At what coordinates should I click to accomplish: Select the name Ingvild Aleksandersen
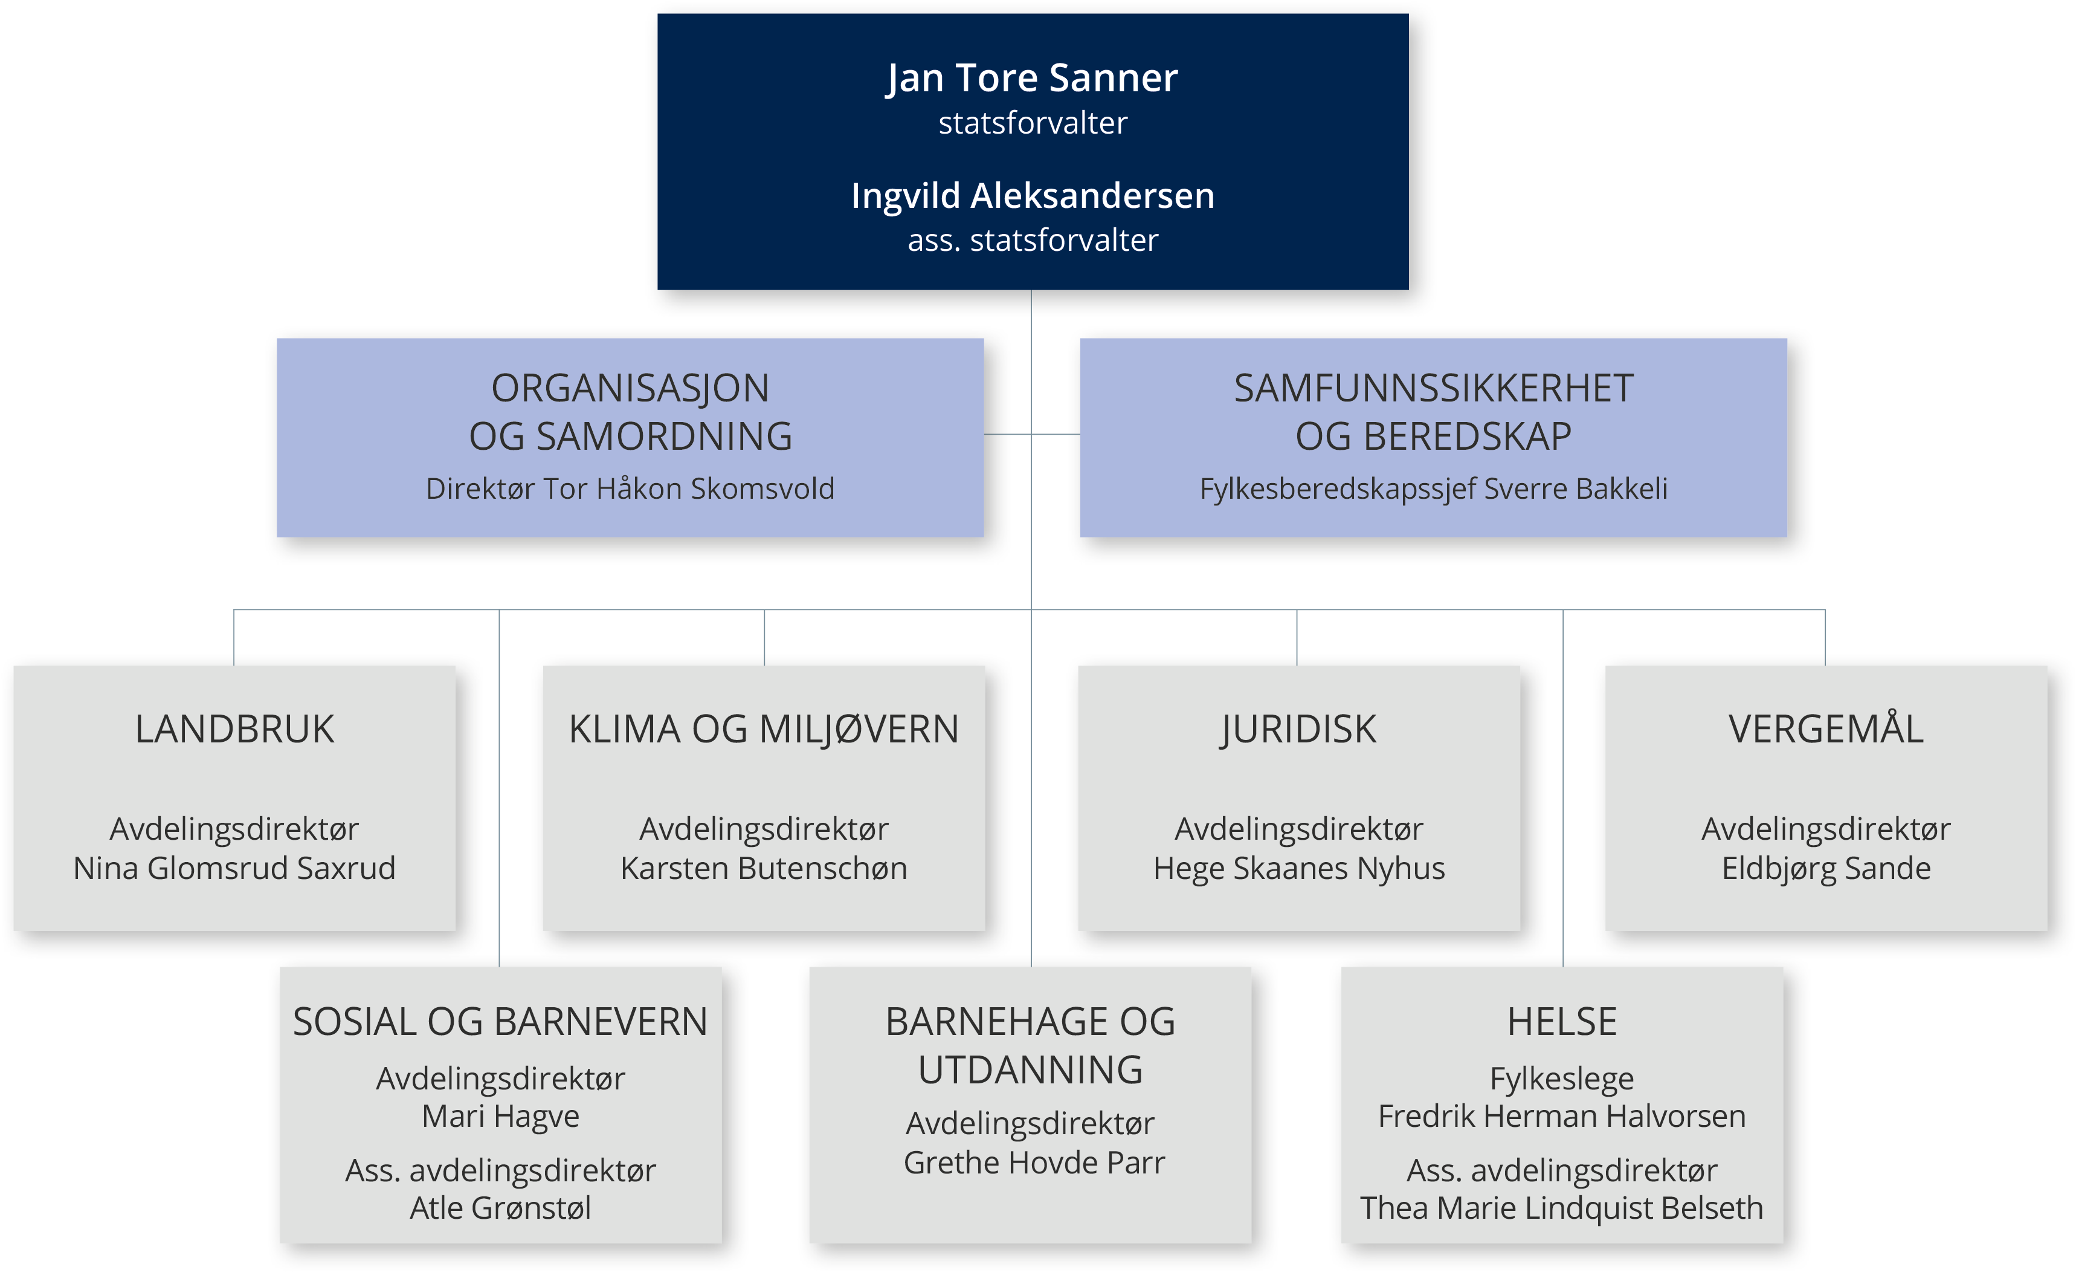pyautogui.click(x=1033, y=196)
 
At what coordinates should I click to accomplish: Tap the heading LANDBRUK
pyautogui.click(x=234, y=729)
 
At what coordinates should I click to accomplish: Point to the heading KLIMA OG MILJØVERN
pyautogui.click(x=764, y=729)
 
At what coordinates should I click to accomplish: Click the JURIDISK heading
pyautogui.click(x=1298, y=730)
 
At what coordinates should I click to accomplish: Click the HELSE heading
pyautogui.click(x=1562, y=1022)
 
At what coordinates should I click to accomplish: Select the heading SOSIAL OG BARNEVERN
pyautogui.click(x=500, y=1022)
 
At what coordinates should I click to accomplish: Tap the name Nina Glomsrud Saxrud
pyautogui.click(x=234, y=869)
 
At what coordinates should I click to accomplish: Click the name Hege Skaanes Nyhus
pyautogui.click(x=1299, y=869)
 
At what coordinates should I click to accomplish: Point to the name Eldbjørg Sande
pyautogui.click(x=1826, y=869)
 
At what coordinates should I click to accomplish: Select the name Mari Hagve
pyautogui.click(x=500, y=1117)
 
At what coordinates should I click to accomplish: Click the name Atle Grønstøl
pyautogui.click(x=500, y=1208)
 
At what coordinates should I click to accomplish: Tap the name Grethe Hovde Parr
pyautogui.click(x=1034, y=1163)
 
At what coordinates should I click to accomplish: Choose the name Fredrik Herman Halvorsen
pyautogui.click(x=1562, y=1116)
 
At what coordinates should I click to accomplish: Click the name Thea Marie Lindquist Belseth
pyautogui.click(x=1562, y=1209)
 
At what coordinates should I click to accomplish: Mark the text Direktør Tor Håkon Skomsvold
pyautogui.click(x=630, y=489)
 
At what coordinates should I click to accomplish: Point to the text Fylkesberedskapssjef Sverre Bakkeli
pyautogui.click(x=1433, y=490)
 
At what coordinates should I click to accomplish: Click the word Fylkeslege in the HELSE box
pyautogui.click(x=1562, y=1080)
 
